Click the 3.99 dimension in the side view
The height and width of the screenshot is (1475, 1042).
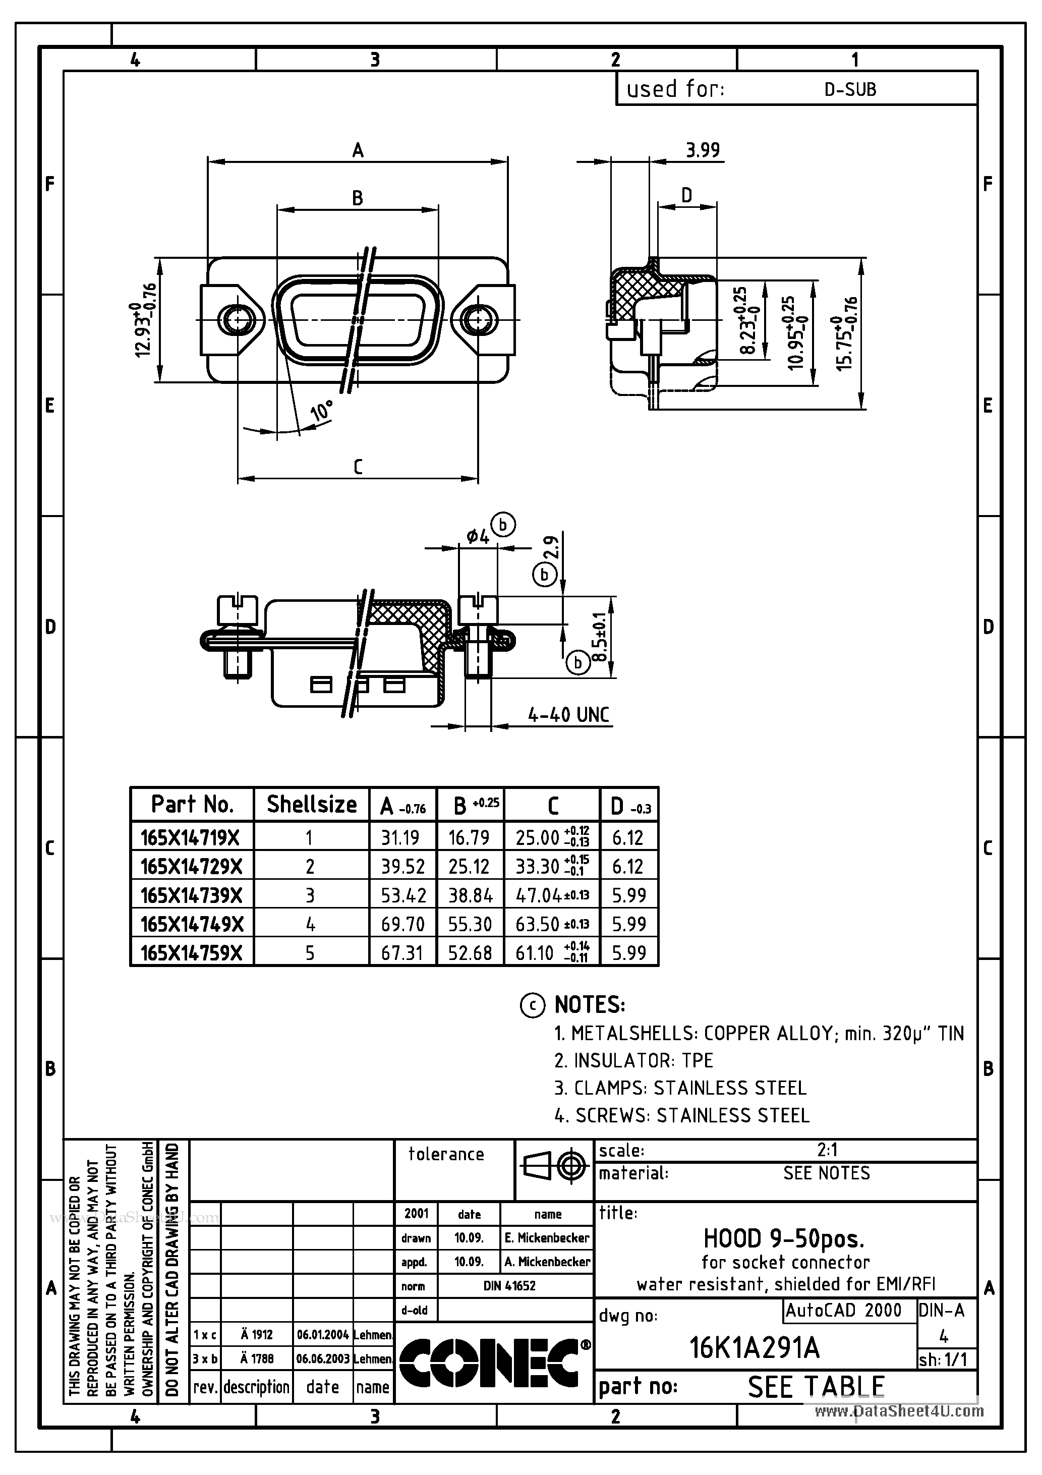(x=702, y=150)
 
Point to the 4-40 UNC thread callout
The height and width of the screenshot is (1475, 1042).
(x=568, y=714)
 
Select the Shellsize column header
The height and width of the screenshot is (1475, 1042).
(x=312, y=804)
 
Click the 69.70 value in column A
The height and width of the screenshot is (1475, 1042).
(x=403, y=924)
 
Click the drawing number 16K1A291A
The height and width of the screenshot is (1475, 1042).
(x=754, y=1348)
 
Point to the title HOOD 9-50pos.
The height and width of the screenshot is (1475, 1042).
(x=784, y=1237)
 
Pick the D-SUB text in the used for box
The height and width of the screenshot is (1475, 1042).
(x=850, y=90)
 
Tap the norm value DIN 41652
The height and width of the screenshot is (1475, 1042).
(x=509, y=1285)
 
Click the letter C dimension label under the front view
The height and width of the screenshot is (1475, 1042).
(x=358, y=467)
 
